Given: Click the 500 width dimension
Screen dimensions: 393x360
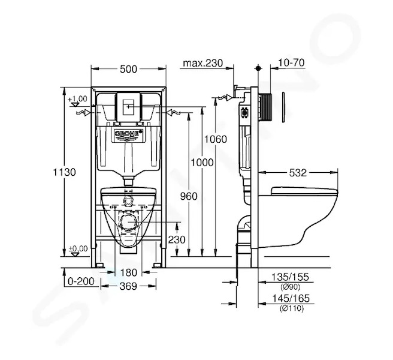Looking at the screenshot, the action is (128, 69).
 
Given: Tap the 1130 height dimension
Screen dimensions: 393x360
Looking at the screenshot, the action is (65, 172).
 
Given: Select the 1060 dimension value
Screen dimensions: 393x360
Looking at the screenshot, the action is (216, 139).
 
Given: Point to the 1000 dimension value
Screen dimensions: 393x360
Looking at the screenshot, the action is (202, 163).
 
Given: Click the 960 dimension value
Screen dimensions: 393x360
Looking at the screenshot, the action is (189, 196).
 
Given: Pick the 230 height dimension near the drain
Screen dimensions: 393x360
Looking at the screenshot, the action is (177, 239).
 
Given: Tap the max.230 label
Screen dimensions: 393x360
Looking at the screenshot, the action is (202, 63).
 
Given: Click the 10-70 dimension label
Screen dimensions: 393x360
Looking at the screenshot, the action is (291, 62).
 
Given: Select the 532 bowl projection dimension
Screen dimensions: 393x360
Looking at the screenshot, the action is (298, 173).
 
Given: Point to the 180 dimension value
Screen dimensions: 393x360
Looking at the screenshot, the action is (129, 272).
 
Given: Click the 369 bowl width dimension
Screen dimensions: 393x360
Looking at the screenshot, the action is (128, 286).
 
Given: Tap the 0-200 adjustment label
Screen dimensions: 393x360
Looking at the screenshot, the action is (81, 281).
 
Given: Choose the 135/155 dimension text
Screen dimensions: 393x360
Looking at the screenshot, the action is (291, 277).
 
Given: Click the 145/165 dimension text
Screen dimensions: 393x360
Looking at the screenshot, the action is (291, 298).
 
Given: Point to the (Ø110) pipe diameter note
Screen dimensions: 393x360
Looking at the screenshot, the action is (292, 308).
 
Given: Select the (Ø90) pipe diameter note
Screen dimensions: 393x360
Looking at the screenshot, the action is (290, 287).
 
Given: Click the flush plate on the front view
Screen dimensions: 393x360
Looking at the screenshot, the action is (128, 107).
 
